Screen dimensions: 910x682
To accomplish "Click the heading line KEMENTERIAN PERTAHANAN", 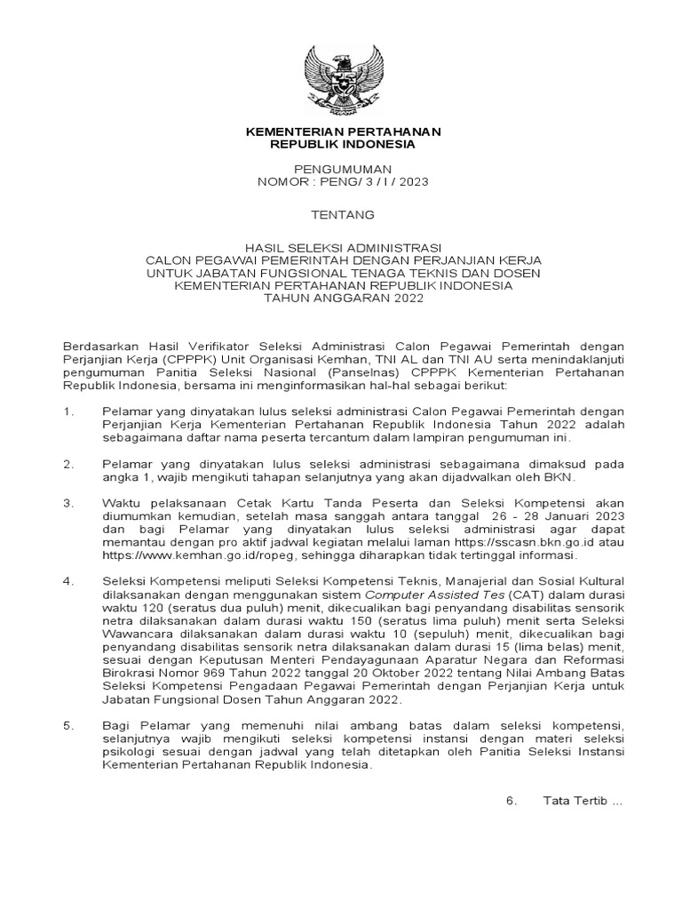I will (x=343, y=132).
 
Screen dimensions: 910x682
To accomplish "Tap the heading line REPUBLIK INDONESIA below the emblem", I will (x=343, y=144).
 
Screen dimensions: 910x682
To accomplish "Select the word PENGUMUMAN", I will (x=343, y=169).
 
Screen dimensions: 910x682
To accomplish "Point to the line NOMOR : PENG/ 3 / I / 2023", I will (x=343, y=181).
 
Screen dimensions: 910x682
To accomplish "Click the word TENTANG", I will (x=343, y=214).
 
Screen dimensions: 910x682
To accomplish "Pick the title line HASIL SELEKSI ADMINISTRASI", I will (x=343, y=248).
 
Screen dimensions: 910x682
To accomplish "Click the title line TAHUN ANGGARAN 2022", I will (x=343, y=299).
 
